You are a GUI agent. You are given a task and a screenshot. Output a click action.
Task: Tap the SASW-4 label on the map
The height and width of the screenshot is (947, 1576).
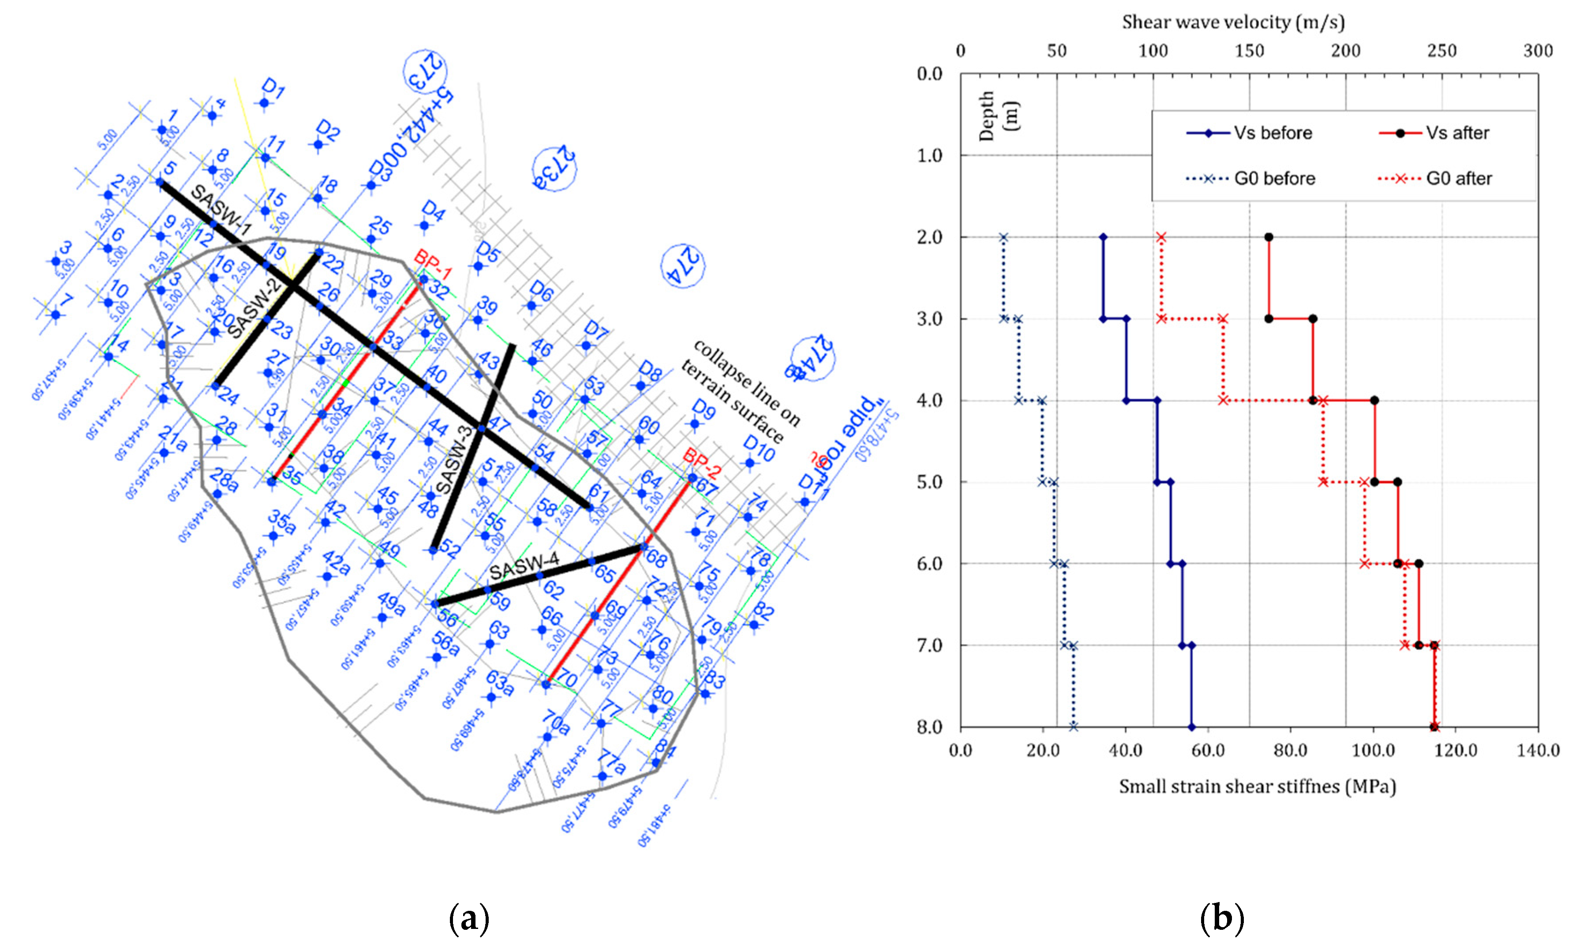pos(524,565)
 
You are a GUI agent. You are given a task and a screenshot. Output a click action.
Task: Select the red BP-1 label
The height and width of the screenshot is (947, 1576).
pos(433,264)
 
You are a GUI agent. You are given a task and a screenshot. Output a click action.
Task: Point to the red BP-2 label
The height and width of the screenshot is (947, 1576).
pos(702,463)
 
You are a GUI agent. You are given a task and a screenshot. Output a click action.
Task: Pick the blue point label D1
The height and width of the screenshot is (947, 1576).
pos(273,90)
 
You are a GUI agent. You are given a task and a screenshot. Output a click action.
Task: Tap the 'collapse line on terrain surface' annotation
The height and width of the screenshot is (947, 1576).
pos(740,390)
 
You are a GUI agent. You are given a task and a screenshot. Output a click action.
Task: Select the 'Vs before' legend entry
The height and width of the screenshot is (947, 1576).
pos(1249,133)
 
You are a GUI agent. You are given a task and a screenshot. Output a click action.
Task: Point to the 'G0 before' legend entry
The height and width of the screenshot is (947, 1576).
pos(1250,179)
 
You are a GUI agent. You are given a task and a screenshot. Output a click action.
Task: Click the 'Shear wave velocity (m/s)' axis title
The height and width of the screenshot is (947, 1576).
pos(1233,22)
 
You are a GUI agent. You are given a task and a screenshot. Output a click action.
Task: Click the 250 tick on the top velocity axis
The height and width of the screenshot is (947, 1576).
pos(1441,51)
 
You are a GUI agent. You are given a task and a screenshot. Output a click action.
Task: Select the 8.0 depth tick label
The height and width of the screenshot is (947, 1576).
pos(930,727)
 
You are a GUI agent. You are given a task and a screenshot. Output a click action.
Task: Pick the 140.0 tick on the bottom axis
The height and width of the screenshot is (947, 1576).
pos(1538,750)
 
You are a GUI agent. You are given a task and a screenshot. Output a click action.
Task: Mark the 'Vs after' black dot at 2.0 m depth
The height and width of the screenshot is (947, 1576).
pos(1269,237)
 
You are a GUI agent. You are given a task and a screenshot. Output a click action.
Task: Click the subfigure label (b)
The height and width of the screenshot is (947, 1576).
pos(1222,919)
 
